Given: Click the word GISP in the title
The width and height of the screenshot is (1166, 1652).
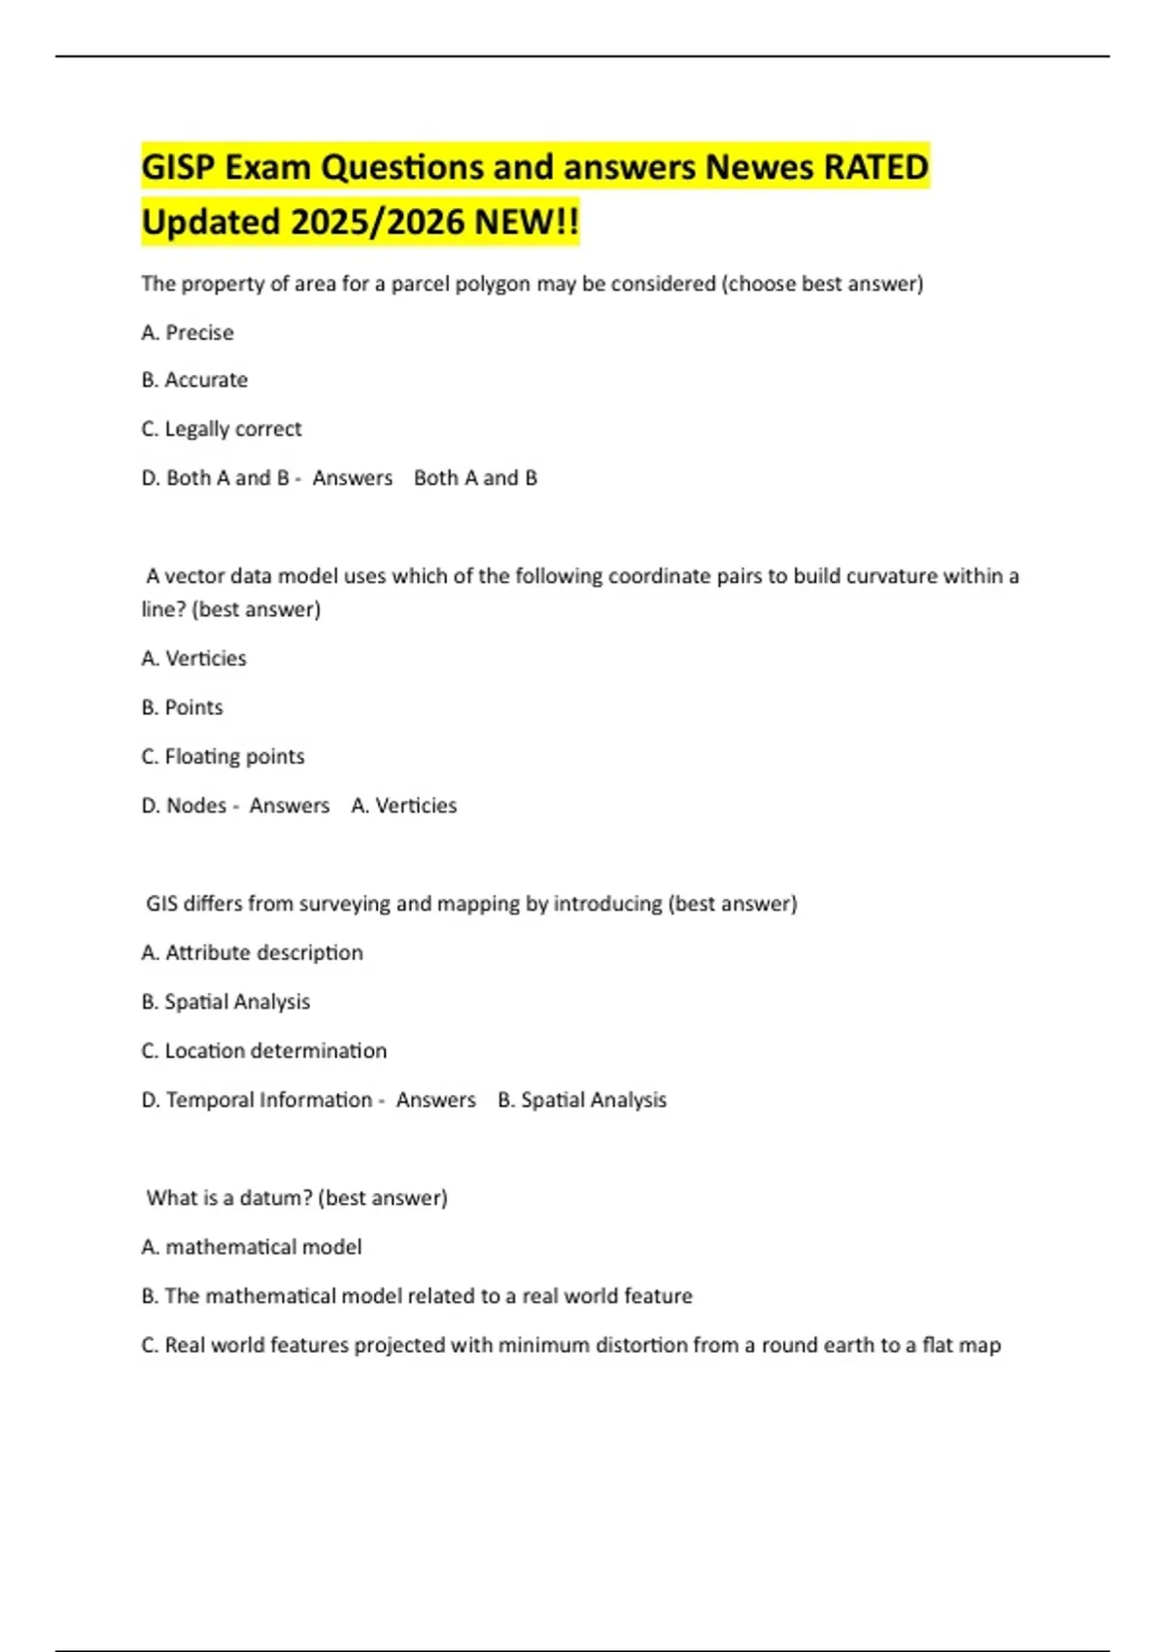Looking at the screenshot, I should (178, 167).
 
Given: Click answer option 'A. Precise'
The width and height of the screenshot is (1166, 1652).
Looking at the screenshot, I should (188, 332).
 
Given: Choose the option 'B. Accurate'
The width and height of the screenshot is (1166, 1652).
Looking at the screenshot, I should (194, 380).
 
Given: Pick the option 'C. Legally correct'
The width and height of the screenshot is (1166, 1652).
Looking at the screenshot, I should (222, 429).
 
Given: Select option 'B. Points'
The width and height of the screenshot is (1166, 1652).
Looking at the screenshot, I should (183, 707).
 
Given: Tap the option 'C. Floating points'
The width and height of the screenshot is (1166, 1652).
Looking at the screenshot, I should (223, 756).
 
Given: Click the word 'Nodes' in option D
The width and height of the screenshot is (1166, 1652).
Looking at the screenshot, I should (196, 806).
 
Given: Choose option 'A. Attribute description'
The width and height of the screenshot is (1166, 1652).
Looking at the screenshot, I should (253, 952).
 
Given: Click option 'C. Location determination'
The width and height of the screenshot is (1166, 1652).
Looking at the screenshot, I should (264, 1050).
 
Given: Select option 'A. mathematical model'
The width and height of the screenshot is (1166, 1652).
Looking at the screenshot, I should (252, 1247).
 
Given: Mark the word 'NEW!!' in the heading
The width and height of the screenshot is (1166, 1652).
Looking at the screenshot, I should (527, 222).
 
